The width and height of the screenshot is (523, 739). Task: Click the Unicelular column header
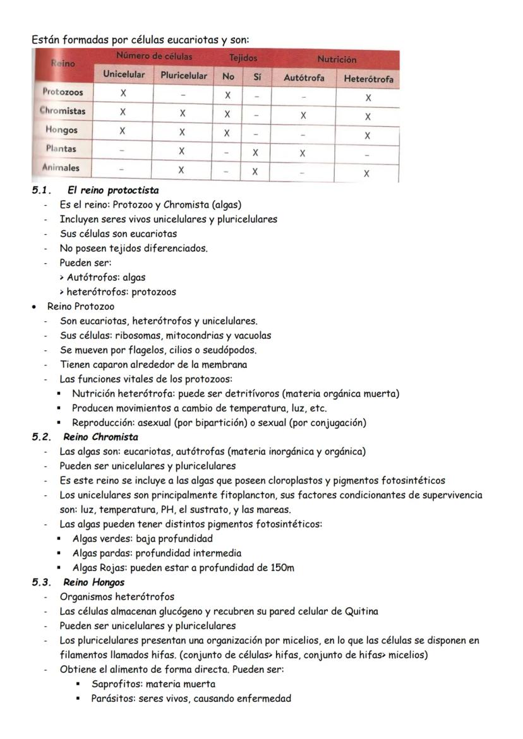(124, 74)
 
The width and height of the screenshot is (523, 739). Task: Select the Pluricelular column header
(183, 75)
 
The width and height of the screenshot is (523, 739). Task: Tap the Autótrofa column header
(303, 78)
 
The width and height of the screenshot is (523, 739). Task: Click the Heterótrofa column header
(368, 79)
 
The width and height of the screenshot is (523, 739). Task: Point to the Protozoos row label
(63, 92)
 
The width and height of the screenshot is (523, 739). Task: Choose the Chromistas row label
(63, 111)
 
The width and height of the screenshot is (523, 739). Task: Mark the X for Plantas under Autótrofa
(303, 153)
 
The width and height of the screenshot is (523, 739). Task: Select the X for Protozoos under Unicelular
(123, 93)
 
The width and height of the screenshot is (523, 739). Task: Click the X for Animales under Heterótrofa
(366, 174)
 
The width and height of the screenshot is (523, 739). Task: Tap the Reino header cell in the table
(63, 64)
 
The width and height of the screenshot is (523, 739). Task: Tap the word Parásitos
(112, 699)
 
